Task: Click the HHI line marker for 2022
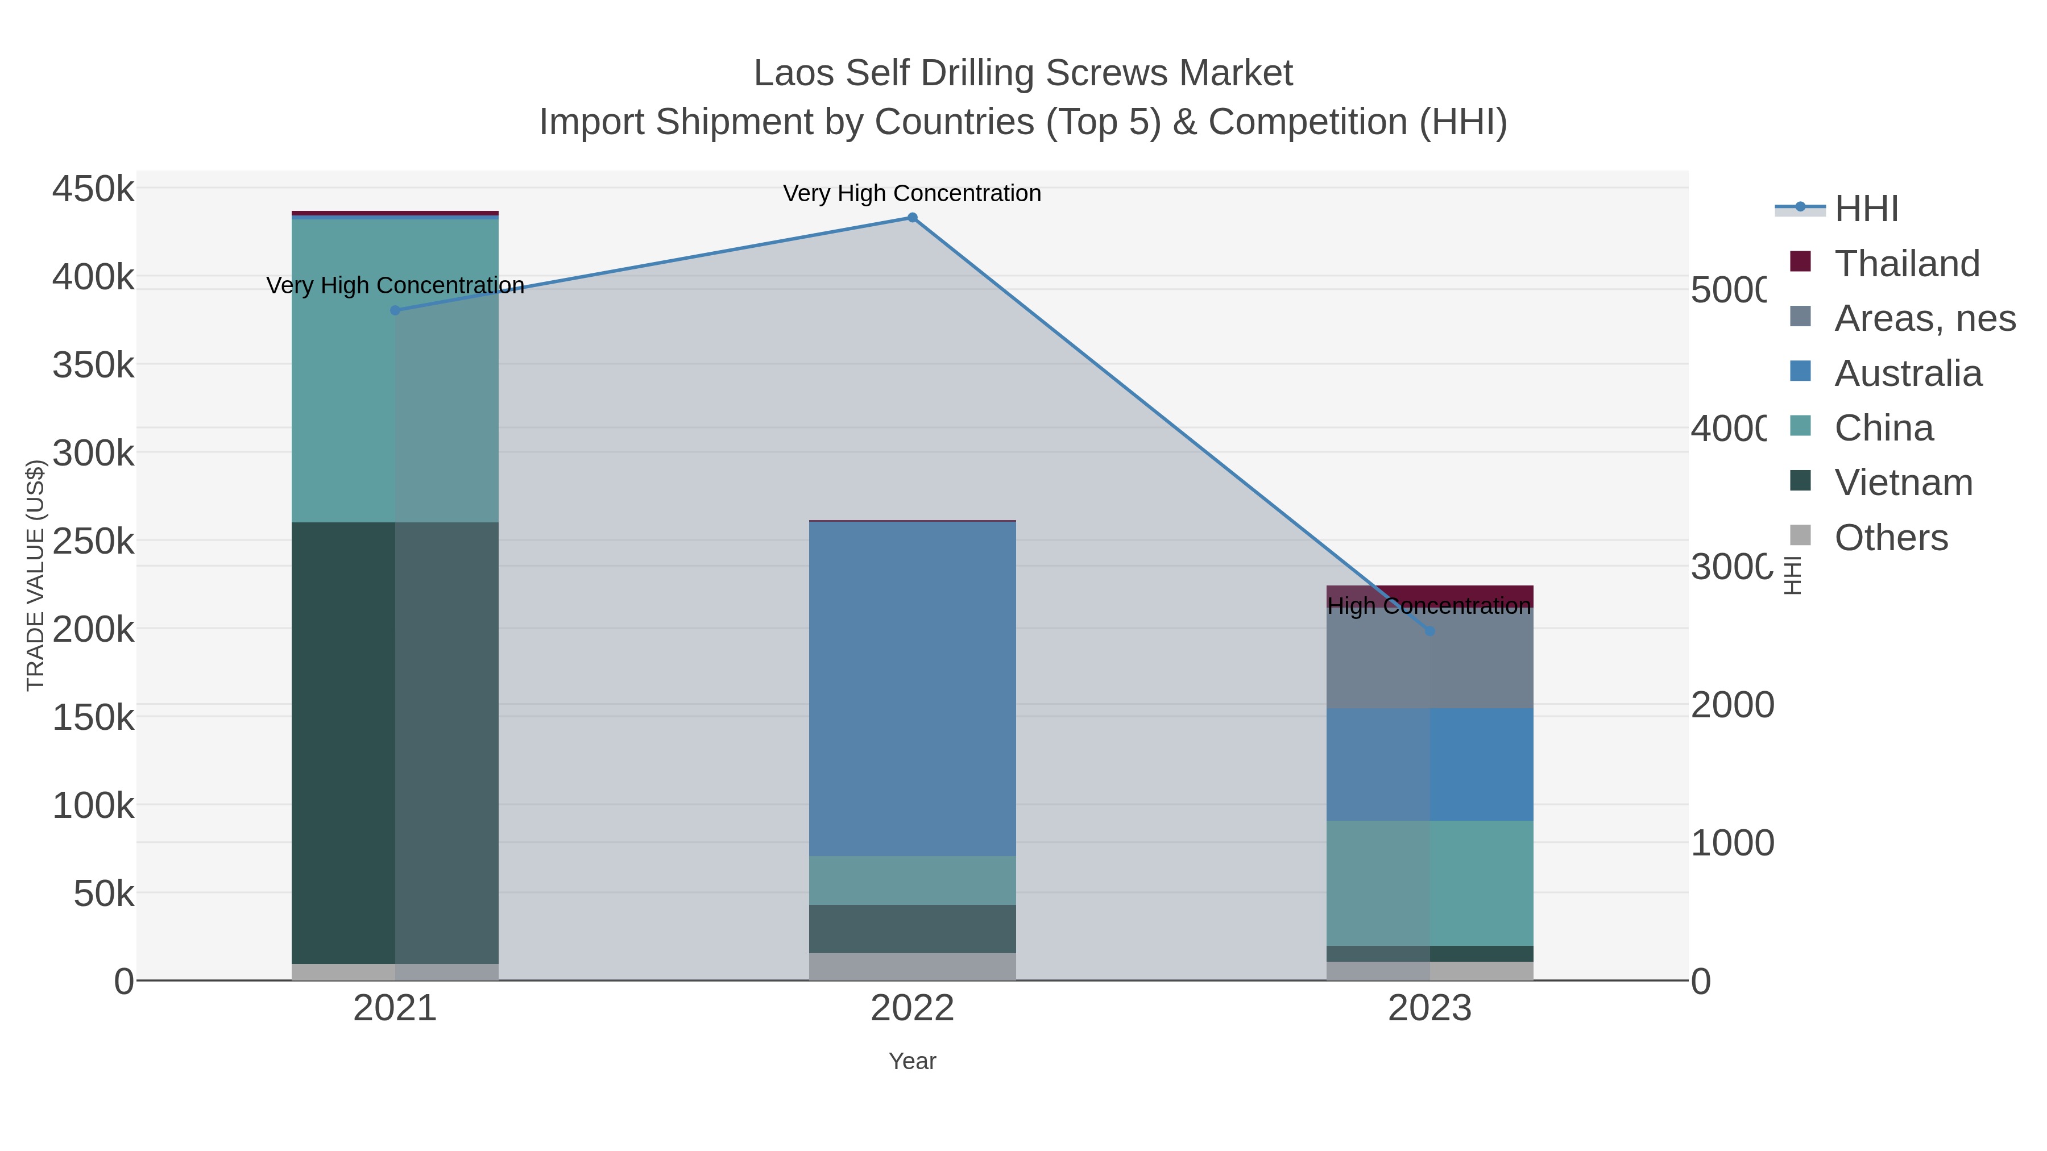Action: (912, 218)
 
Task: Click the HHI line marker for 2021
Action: (395, 310)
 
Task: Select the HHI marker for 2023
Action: (1429, 631)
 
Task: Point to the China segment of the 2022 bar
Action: (912, 880)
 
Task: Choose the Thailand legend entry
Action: (1907, 264)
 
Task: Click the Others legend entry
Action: (1891, 538)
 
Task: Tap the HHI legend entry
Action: (1866, 209)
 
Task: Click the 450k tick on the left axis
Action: (93, 190)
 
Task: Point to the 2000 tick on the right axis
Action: (1731, 705)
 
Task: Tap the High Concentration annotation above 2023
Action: (1429, 606)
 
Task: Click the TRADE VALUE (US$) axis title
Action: (36, 575)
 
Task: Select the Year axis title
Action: (912, 1061)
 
